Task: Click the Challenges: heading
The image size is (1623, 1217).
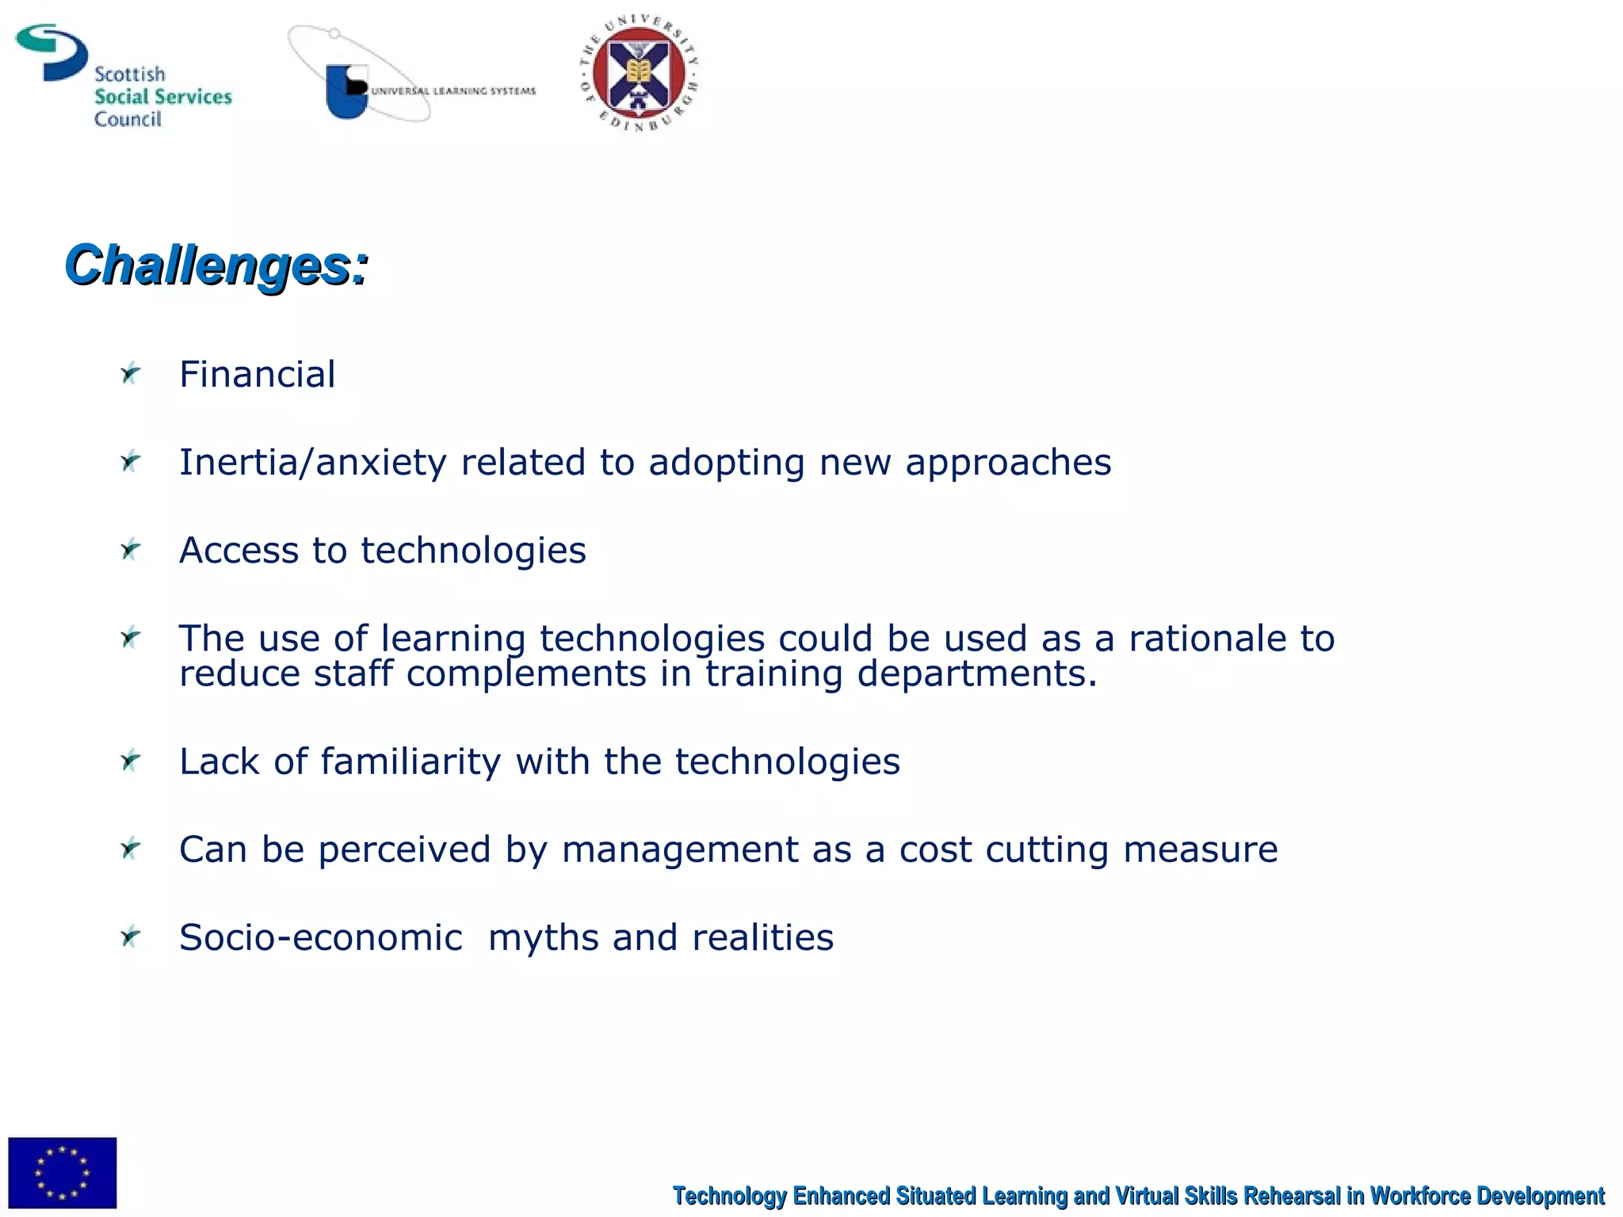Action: coord(216,265)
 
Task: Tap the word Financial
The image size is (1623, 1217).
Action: coord(257,375)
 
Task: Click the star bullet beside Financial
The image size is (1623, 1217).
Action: coord(130,373)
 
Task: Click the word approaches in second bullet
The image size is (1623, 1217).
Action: coord(1008,463)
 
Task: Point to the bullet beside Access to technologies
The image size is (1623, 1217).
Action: coord(130,549)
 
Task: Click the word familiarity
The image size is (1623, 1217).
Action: coord(411,762)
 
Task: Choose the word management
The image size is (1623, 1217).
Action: coord(679,850)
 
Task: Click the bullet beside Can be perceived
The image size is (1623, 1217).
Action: coord(130,849)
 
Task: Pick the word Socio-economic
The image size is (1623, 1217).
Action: coord(320,938)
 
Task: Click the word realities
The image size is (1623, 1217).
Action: coord(762,938)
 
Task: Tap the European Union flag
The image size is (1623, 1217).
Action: coord(63,1173)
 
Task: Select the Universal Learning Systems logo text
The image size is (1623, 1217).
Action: coord(453,91)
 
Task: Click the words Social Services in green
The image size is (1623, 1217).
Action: coord(162,97)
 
